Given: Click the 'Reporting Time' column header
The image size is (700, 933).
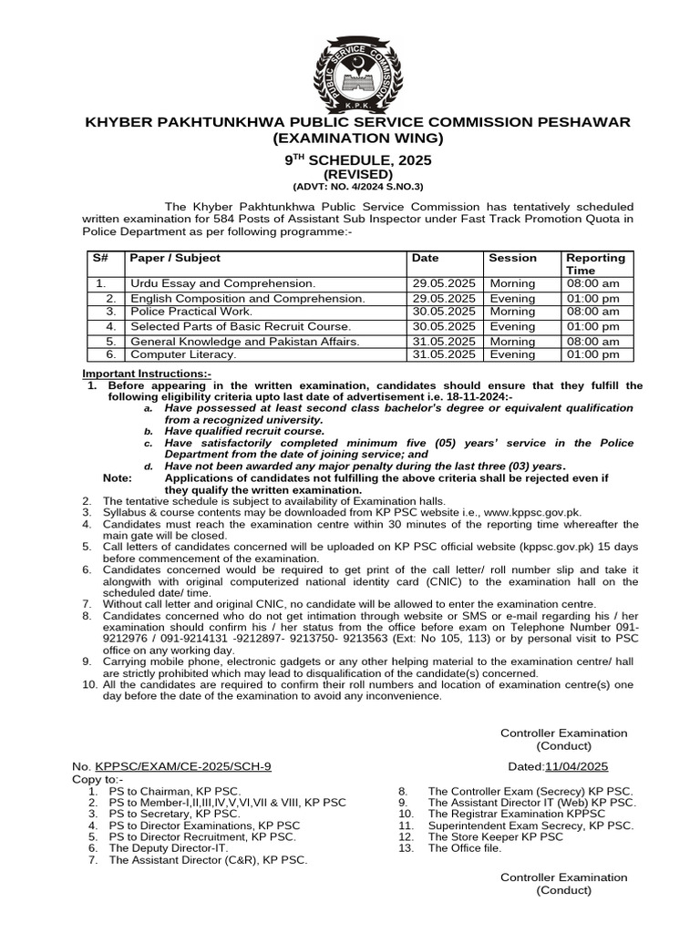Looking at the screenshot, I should tap(595, 264).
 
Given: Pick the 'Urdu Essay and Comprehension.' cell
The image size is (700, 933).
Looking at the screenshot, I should tap(222, 284).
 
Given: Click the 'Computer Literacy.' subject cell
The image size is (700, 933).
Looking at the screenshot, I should tap(183, 354).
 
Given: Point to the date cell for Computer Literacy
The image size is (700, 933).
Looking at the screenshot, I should tap(444, 354).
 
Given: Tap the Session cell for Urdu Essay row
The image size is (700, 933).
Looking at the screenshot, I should tap(512, 284).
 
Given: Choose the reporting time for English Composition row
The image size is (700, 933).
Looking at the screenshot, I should tap(592, 298).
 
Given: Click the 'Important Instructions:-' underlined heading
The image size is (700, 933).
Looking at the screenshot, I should tap(147, 374).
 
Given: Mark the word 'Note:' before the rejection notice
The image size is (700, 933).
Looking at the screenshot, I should tap(118, 478).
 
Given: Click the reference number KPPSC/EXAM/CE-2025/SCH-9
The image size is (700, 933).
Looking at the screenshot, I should tap(183, 766).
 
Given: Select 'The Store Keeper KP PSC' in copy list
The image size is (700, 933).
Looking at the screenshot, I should tap(495, 836).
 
